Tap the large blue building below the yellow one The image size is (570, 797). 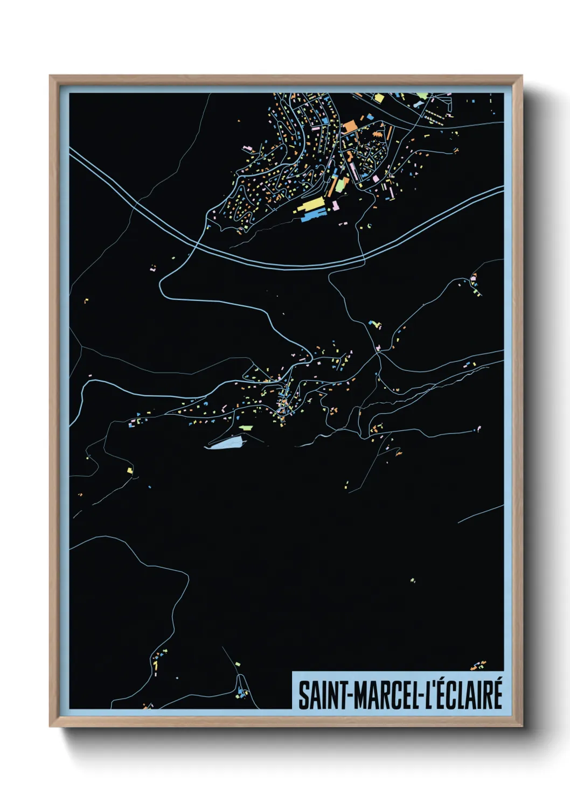coord(312,216)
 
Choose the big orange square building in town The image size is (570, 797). coord(350,126)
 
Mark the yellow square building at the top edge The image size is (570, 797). coord(379,99)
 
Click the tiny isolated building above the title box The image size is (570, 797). coord(413,581)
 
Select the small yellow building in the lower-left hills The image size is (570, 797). coord(130,471)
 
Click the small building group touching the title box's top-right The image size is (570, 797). coord(478,666)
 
